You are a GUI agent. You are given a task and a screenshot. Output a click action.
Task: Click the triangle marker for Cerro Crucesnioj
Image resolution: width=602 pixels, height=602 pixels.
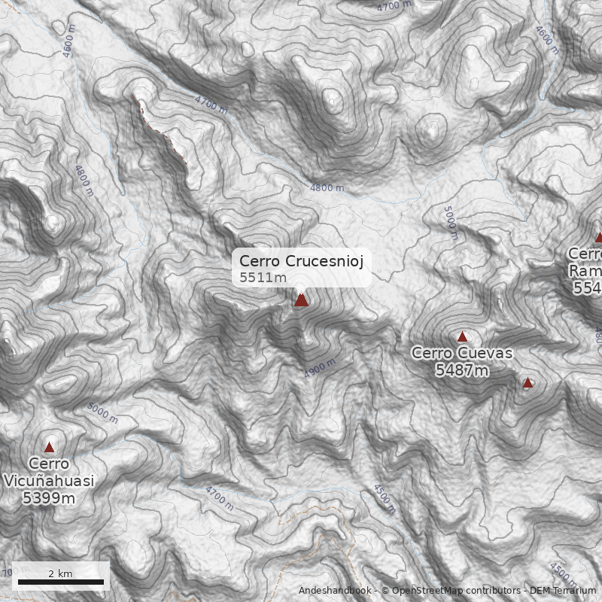(x=301, y=300)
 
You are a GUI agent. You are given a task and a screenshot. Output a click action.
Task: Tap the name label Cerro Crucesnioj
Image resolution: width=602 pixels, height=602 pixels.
(x=301, y=261)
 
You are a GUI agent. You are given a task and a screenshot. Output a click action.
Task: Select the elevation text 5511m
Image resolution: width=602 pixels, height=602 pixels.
(x=263, y=278)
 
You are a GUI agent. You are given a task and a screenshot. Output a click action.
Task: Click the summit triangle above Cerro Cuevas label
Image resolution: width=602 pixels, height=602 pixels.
(x=462, y=337)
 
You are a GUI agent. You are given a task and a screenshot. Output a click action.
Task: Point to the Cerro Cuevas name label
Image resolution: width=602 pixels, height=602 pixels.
(x=462, y=353)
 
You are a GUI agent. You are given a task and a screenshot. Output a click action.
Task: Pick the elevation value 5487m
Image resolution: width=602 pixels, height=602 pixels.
(x=462, y=369)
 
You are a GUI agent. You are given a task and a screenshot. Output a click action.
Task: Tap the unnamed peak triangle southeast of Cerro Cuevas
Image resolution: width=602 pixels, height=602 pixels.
(x=528, y=383)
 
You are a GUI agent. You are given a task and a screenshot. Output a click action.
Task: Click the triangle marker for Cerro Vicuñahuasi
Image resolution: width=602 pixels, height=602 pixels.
(x=49, y=447)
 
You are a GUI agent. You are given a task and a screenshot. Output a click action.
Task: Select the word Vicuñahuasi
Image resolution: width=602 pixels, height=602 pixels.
(x=49, y=481)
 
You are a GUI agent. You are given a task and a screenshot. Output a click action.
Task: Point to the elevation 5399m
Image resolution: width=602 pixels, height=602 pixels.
(x=49, y=497)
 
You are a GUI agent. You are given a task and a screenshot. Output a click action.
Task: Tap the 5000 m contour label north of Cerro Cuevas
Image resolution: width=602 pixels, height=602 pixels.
(x=450, y=223)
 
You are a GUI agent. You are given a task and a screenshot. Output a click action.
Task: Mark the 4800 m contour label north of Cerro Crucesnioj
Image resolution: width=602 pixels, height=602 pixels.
(x=327, y=187)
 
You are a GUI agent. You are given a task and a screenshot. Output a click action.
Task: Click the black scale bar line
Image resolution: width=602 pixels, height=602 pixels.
(x=60, y=582)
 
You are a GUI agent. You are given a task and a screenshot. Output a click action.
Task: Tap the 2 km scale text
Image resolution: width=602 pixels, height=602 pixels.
(x=60, y=573)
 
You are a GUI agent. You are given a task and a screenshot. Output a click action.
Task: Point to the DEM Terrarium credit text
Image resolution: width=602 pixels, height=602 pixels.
(x=562, y=591)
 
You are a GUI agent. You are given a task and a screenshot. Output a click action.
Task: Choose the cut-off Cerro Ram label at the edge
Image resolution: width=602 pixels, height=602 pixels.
(x=585, y=263)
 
